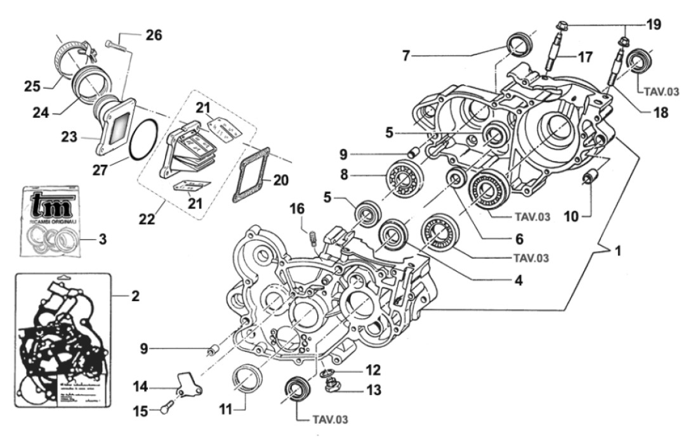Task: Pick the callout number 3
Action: pos(102,239)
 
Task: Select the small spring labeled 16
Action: pos(313,237)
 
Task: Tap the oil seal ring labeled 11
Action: pos(246,380)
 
